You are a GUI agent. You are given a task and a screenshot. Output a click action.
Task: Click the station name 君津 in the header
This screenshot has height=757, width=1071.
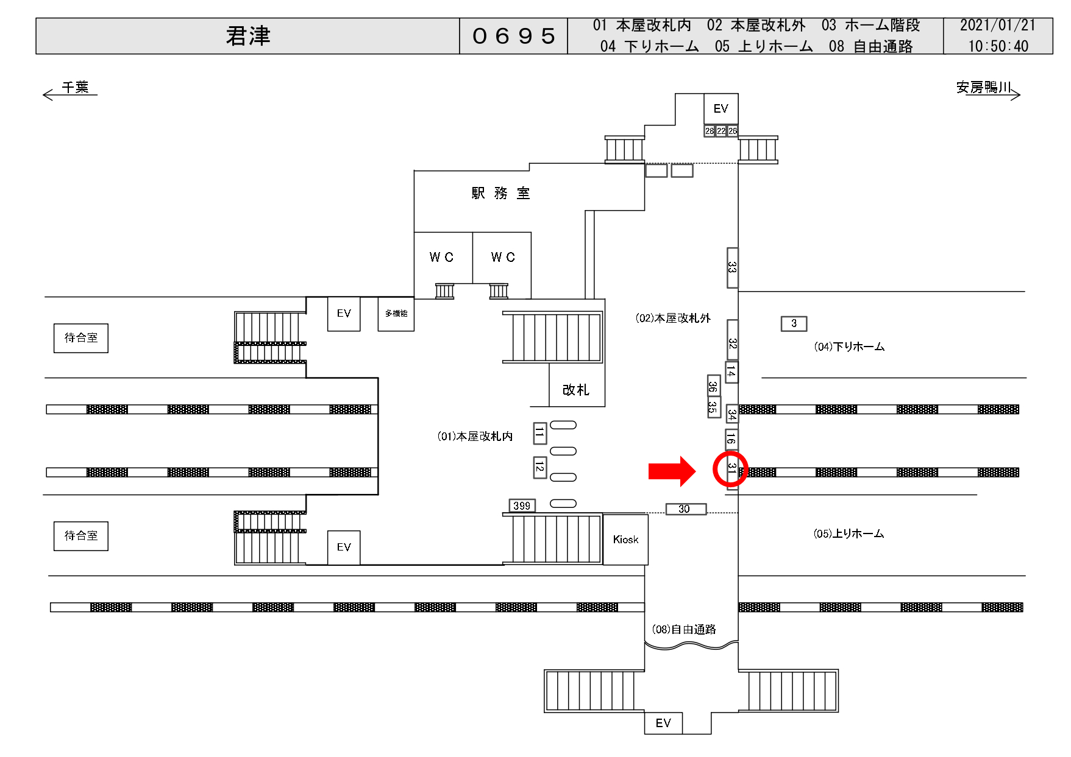pyautogui.click(x=247, y=36)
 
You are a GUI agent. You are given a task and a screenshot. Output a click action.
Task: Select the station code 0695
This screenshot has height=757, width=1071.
pyautogui.click(x=513, y=36)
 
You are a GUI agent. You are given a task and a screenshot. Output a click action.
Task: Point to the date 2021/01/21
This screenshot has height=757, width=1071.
pyautogui.click(x=997, y=26)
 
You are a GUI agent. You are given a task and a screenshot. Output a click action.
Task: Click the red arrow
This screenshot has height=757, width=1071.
pyautogui.click(x=672, y=471)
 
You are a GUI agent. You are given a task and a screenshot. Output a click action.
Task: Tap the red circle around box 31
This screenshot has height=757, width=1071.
pyautogui.click(x=730, y=469)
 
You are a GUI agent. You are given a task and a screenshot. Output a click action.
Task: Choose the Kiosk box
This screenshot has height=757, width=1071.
pyautogui.click(x=625, y=540)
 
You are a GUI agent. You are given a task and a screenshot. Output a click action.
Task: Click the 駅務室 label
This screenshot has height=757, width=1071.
pyautogui.click(x=500, y=194)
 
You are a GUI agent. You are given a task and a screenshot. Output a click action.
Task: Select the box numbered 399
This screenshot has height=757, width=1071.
pyautogui.click(x=522, y=505)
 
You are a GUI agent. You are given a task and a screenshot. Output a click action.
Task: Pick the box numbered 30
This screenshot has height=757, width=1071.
pyautogui.click(x=685, y=509)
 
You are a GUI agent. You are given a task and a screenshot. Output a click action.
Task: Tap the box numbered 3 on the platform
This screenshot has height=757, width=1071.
pyautogui.click(x=794, y=323)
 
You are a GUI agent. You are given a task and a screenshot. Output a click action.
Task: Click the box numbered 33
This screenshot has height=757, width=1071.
pyautogui.click(x=732, y=267)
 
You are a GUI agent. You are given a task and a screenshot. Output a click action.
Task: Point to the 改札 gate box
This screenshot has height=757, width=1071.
pyautogui.click(x=576, y=390)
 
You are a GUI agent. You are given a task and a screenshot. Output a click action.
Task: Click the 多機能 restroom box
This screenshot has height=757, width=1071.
pyautogui.click(x=396, y=314)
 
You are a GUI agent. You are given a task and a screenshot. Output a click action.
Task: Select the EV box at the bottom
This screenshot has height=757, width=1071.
pyautogui.click(x=663, y=723)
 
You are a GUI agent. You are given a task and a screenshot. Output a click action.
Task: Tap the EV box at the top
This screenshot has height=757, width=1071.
pyautogui.click(x=721, y=108)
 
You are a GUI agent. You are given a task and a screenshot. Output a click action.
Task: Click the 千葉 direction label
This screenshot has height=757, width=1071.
pyautogui.click(x=75, y=88)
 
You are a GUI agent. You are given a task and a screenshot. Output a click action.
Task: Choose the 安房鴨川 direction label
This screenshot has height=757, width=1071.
pyautogui.click(x=984, y=88)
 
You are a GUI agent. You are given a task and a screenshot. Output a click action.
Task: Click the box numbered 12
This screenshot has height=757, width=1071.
pyautogui.click(x=539, y=467)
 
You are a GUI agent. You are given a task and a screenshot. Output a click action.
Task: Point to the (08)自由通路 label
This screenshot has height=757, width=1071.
pyautogui.click(x=684, y=629)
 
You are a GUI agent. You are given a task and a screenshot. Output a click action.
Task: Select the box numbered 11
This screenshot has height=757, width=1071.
pyautogui.click(x=539, y=433)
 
